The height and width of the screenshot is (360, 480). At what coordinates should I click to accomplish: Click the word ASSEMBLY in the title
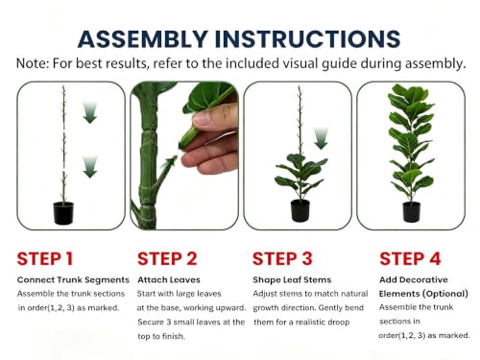[143, 39]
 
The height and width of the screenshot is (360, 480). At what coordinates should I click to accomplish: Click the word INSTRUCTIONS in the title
[307, 39]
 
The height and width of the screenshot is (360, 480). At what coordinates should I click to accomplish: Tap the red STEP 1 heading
[45, 258]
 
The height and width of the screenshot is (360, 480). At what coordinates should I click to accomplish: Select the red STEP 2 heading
[167, 258]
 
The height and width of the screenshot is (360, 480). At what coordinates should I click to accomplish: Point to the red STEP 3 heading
[282, 258]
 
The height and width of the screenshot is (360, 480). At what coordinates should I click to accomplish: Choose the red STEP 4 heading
[410, 258]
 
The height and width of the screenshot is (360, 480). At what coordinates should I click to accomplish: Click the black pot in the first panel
[63, 213]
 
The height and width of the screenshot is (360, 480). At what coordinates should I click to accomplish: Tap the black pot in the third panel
[300, 210]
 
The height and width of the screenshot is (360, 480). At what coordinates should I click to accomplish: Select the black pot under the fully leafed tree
[411, 212]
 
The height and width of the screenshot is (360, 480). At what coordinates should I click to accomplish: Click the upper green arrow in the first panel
[90, 112]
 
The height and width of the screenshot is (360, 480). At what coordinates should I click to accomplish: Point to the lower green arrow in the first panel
[90, 167]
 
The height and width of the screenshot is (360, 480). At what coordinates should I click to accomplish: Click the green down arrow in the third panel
[321, 138]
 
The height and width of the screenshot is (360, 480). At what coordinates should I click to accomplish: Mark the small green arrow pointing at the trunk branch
[170, 162]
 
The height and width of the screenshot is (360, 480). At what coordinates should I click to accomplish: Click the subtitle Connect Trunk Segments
[73, 279]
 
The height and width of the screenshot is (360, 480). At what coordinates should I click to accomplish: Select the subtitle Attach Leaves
[169, 279]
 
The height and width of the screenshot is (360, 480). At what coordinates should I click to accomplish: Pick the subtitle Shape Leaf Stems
[292, 279]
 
